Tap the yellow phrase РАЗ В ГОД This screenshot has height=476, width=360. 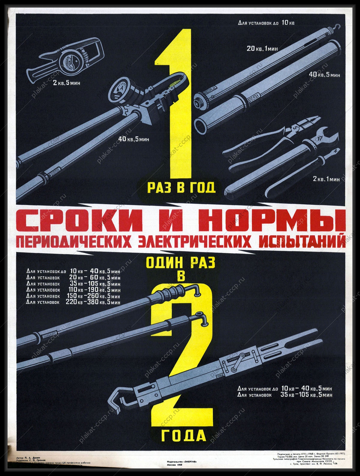[181, 188]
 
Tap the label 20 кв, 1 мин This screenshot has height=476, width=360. [262, 49]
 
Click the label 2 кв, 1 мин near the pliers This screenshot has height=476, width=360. [326, 179]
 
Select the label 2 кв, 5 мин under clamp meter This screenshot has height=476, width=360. [67, 82]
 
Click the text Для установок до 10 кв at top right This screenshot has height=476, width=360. [266, 23]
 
